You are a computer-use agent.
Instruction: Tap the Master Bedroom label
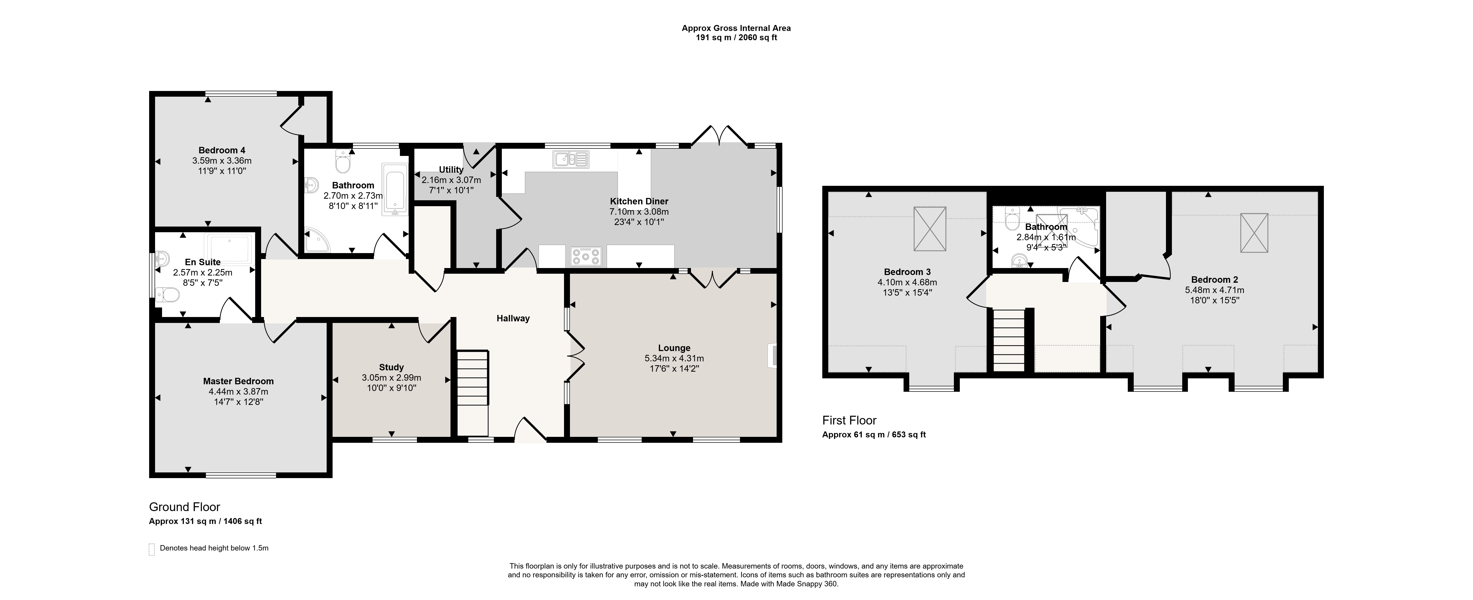238,381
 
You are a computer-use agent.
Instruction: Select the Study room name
392,368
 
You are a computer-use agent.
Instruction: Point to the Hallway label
513,318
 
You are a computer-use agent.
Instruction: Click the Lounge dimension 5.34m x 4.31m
674,358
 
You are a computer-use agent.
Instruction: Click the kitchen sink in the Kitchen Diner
571,159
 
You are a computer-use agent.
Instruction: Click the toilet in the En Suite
167,295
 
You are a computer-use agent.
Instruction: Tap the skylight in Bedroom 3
930,229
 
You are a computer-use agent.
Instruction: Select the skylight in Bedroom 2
1254,232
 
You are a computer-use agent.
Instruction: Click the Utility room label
451,170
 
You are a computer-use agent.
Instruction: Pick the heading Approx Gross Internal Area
736,27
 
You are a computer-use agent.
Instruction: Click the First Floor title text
849,421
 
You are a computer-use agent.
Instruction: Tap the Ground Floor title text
185,507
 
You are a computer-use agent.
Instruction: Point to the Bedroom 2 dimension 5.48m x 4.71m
1214,290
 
